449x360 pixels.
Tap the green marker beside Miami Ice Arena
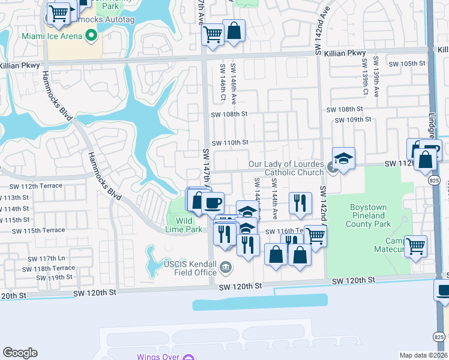[91, 36]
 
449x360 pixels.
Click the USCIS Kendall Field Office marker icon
[225, 267]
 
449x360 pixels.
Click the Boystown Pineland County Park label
[371, 215]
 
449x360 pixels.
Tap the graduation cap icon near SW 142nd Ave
[343, 158]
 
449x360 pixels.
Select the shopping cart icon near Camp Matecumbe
[415, 245]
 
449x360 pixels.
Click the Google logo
[20, 353]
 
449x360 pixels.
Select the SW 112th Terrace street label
[36, 185]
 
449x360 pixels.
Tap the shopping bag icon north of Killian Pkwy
[234, 31]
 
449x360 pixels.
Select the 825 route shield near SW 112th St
[433, 179]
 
